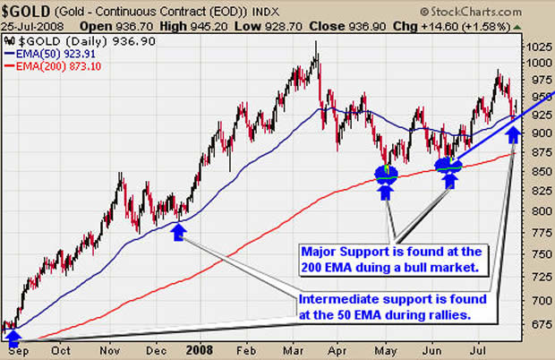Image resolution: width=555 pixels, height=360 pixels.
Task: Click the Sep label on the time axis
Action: [x=15, y=351]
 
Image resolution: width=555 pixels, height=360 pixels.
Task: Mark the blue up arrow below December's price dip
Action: [x=178, y=232]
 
